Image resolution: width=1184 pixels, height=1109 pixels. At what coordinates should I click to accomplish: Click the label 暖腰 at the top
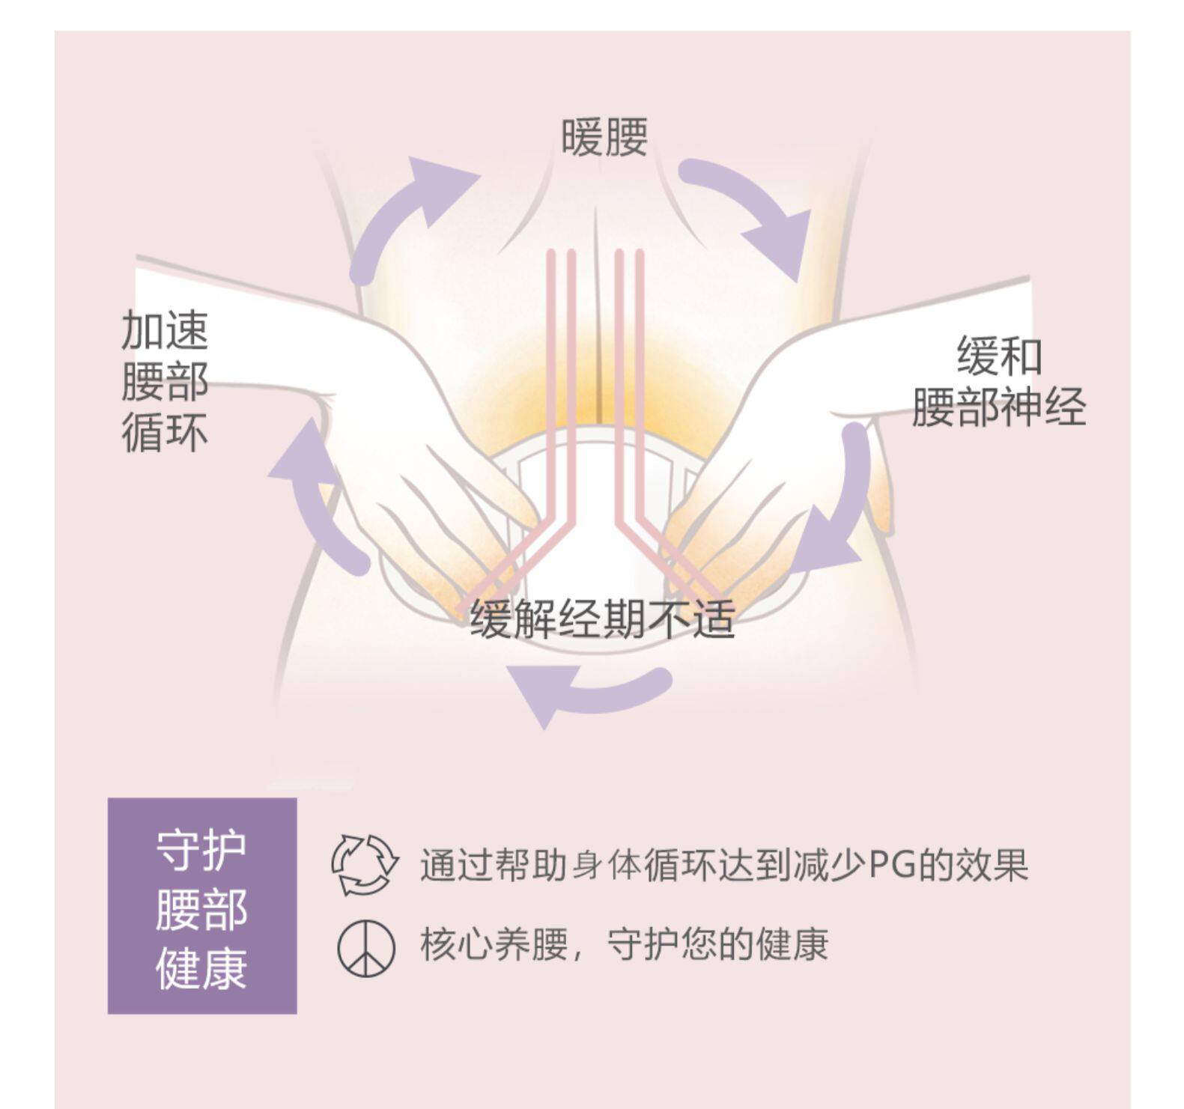[604, 138]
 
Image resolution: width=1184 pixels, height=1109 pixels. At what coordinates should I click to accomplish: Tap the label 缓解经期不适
[602, 620]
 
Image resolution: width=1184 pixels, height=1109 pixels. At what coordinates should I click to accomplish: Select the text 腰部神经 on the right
[998, 408]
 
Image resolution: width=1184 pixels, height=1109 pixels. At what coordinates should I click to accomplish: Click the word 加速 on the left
[165, 330]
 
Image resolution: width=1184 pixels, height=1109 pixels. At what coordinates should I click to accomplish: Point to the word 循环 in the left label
[165, 433]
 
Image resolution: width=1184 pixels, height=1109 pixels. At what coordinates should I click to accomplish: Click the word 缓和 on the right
[999, 356]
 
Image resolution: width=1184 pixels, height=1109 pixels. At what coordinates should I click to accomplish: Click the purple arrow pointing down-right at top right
[756, 210]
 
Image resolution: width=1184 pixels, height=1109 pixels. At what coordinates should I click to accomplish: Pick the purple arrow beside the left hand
[318, 502]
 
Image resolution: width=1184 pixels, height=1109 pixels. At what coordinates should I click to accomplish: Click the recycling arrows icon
[364, 864]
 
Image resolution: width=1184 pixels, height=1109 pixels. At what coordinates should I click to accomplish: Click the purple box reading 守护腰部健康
[202, 905]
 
